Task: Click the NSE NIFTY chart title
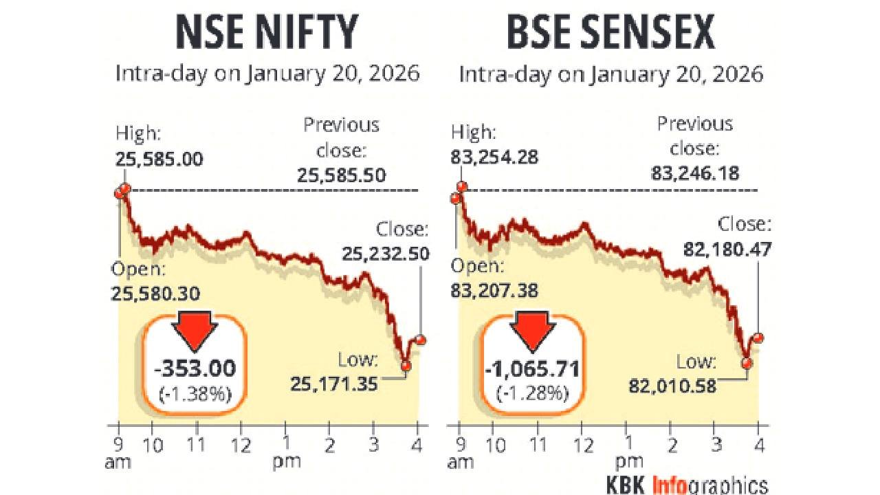[267, 32]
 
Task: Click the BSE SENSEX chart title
[610, 32]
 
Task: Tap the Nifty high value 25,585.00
[159, 159]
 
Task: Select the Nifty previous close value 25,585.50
[342, 175]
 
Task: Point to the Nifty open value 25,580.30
[155, 294]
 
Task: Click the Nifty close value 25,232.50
[386, 254]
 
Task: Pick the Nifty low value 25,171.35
[334, 384]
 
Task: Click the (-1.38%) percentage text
[196, 394]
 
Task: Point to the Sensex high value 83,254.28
[494, 158]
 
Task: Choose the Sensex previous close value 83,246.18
[695, 172]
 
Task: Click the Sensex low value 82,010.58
[672, 385]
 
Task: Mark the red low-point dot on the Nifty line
[406, 366]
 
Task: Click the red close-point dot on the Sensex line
[758, 338]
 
